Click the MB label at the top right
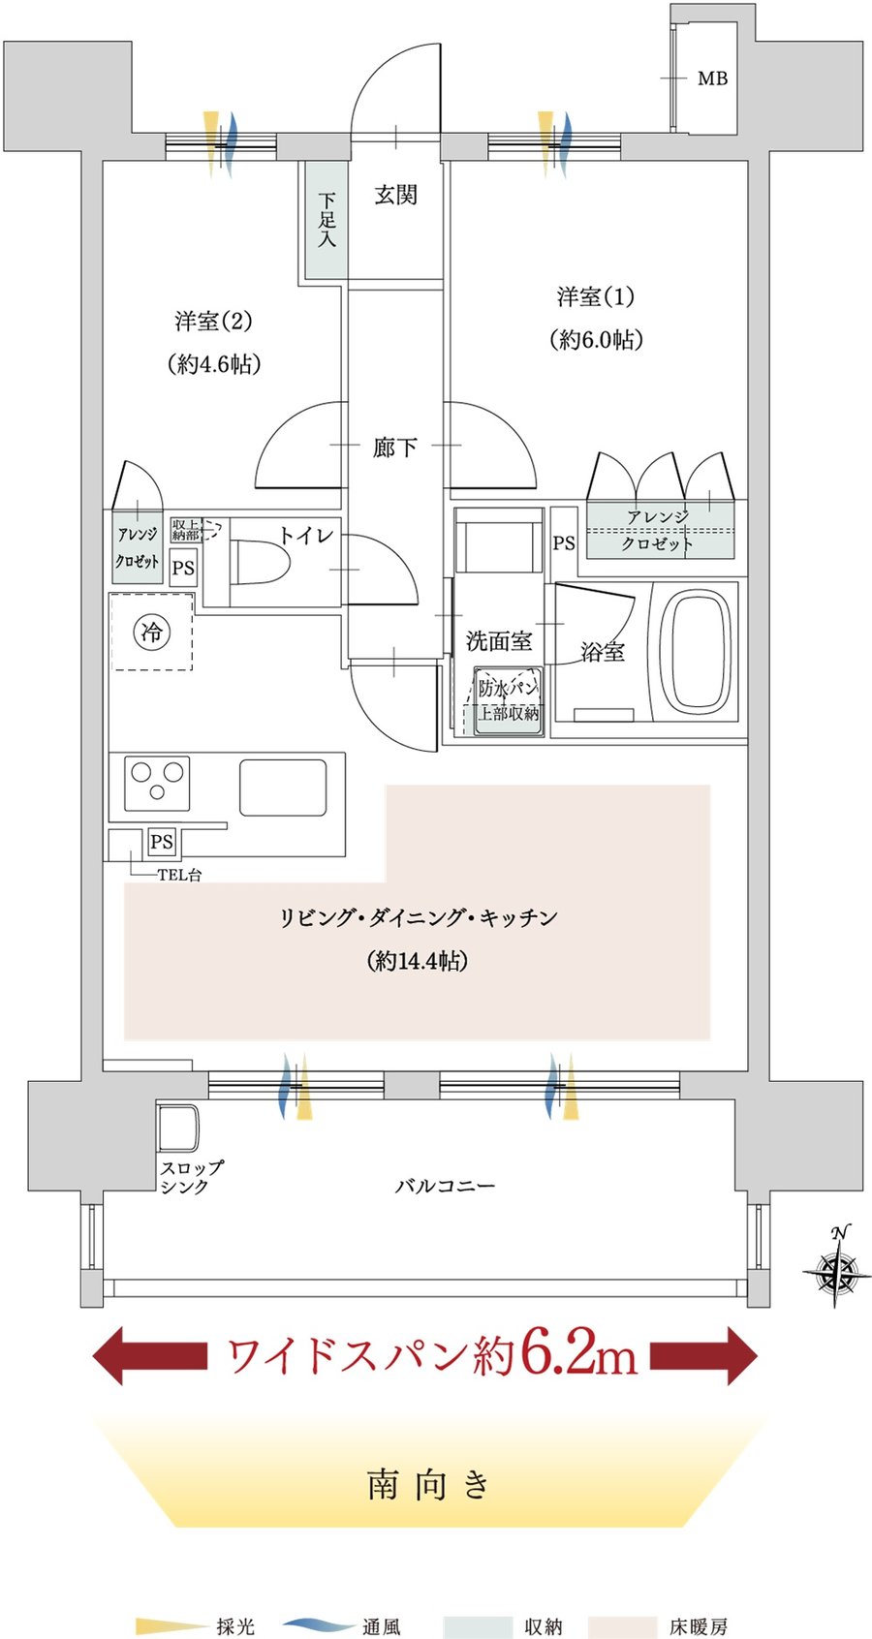click(712, 78)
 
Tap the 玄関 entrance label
click(395, 195)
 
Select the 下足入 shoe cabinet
click(326, 220)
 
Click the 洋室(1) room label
click(595, 296)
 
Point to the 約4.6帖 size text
click(214, 364)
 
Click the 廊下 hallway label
click(395, 448)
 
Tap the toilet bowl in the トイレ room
click(260, 563)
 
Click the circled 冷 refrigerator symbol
click(151, 633)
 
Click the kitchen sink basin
click(283, 788)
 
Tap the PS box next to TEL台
click(162, 842)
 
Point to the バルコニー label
click(445, 1186)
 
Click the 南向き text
click(428, 1484)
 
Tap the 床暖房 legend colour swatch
click(621, 1626)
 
